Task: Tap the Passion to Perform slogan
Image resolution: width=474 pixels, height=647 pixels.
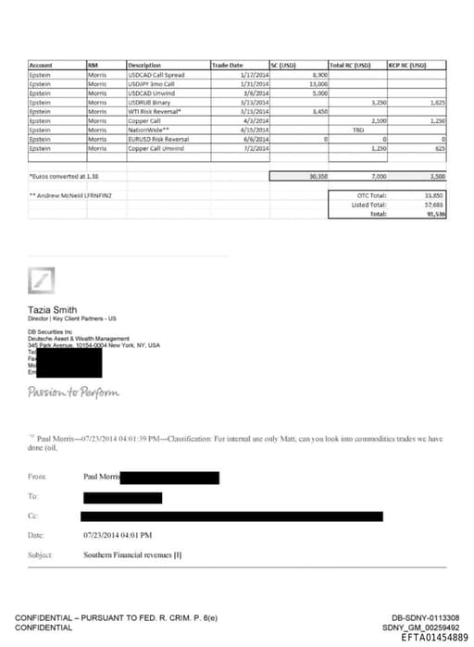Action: click(74, 392)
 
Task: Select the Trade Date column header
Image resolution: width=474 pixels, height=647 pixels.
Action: click(228, 66)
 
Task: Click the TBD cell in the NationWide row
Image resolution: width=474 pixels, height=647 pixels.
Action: click(345, 130)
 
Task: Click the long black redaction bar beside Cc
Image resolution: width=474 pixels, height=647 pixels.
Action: click(231, 516)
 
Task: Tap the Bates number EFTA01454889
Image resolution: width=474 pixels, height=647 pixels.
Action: click(428, 637)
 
